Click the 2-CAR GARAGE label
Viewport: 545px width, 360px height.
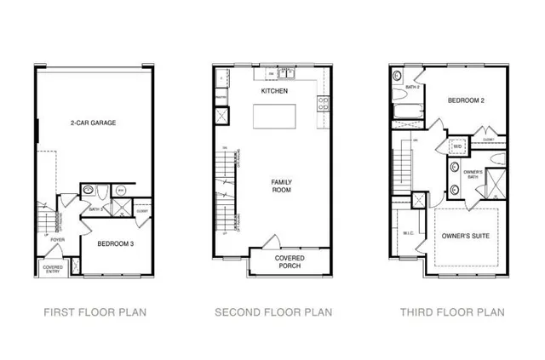(93, 123)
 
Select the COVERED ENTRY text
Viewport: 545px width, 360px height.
(52, 270)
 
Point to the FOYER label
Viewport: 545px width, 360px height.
(57, 240)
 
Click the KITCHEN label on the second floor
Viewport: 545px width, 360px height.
(274, 91)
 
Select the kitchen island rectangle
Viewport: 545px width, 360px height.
(275, 115)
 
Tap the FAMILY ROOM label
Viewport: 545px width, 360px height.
(281, 187)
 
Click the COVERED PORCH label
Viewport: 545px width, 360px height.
(289, 261)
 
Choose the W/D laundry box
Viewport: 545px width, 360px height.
(456, 146)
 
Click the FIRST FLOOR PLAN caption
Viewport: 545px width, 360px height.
(93, 312)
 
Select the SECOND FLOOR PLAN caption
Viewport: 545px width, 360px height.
(274, 312)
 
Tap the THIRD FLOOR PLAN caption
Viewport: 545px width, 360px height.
(452, 312)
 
